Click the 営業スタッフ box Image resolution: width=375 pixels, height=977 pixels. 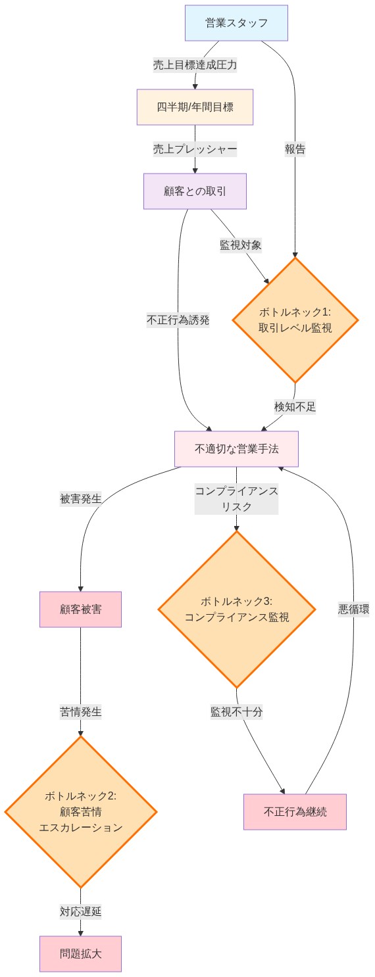pyautogui.click(x=236, y=23)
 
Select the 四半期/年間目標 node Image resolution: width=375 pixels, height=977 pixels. pyautogui.click(x=195, y=107)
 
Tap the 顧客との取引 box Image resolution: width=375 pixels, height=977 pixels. pyautogui.click(x=195, y=191)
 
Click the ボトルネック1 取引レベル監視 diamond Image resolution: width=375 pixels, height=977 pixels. pyautogui.click(x=295, y=320)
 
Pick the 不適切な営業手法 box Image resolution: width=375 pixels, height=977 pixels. pyautogui.click(x=236, y=449)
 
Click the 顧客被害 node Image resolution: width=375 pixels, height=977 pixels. pyautogui.click(x=80, y=609)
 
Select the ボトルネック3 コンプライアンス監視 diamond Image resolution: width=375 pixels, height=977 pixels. pyautogui.click(x=236, y=609)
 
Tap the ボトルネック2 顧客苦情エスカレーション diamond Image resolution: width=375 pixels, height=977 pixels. pyautogui.click(x=80, y=811)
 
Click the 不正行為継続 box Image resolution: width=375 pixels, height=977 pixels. pyautogui.click(x=295, y=811)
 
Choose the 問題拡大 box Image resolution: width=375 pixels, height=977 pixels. pyautogui.click(x=80, y=953)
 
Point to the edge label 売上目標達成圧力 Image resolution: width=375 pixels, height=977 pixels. pyautogui.click(x=195, y=65)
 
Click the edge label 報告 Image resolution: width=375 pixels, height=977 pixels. pyautogui.click(x=295, y=149)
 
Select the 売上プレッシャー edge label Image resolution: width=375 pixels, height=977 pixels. pyautogui.click(x=195, y=149)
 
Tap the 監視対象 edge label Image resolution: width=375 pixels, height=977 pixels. pyautogui.click(x=241, y=245)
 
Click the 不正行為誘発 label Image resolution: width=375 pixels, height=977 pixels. pyautogui.click(x=178, y=321)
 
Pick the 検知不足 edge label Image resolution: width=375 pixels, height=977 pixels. pyautogui.click(x=295, y=406)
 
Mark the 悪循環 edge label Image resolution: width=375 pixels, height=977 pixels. pyautogui.click(x=354, y=609)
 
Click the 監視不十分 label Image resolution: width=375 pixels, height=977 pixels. pyautogui.click(x=237, y=711)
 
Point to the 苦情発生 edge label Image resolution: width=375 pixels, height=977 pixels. pyautogui.click(x=80, y=711)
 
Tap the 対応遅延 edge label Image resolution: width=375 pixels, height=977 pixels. pyautogui.click(x=80, y=911)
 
